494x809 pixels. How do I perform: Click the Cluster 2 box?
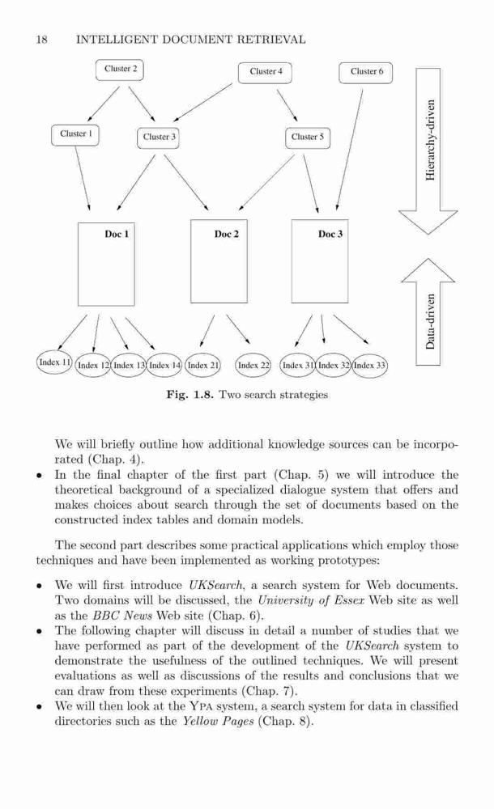tap(119, 70)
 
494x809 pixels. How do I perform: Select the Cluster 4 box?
tap(265, 72)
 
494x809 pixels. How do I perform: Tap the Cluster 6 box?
tap(366, 72)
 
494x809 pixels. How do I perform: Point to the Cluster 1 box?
tap(75, 134)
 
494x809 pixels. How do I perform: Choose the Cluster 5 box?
tap(308, 138)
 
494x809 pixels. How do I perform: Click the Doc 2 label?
tap(226, 235)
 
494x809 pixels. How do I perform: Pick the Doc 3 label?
tap(330, 235)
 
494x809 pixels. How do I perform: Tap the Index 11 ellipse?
tap(55, 362)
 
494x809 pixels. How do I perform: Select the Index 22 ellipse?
tap(253, 366)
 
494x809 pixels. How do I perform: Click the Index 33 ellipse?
tap(369, 366)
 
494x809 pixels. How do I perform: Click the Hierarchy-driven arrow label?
tap(430, 140)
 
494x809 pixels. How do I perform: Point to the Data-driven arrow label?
tap(430, 321)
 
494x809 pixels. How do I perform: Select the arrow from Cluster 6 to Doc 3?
tap(349, 150)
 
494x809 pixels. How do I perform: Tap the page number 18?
tap(42, 40)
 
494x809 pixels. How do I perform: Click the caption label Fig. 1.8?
tap(190, 395)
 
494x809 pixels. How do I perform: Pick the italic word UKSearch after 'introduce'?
tap(215, 586)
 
